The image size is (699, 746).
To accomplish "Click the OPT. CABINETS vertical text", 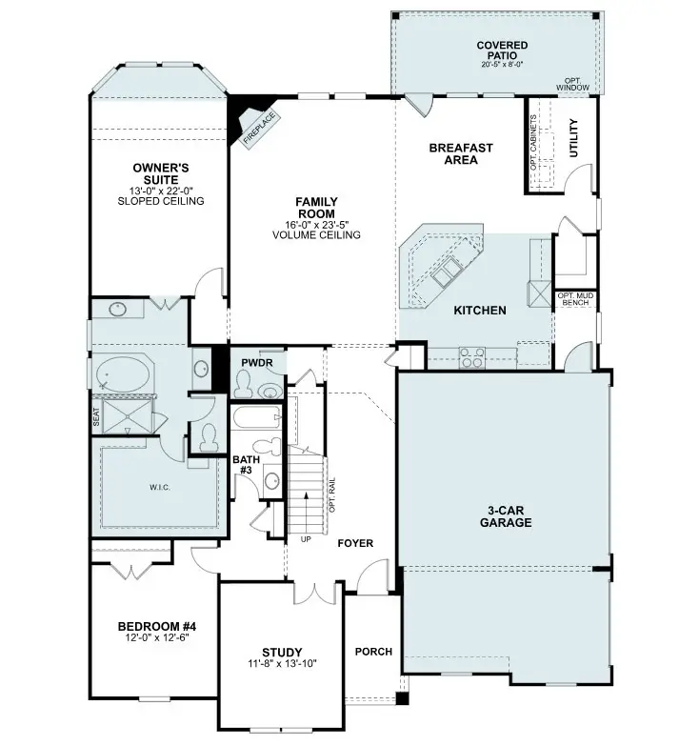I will click(534, 142).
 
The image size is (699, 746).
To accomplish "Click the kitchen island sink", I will click(446, 275).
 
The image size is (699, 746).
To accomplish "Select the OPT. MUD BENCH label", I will click(576, 300).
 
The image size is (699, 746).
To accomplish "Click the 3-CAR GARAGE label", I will click(505, 516).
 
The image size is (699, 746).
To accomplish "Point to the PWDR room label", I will click(257, 363).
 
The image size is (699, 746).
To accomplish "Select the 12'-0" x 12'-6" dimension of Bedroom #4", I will click(156, 638).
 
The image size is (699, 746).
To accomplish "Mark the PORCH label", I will click(373, 652).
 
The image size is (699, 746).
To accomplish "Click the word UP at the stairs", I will click(305, 538).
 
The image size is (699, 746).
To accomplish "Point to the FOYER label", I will click(355, 543).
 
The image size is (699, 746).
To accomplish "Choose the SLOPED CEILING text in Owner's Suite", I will click(161, 201).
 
